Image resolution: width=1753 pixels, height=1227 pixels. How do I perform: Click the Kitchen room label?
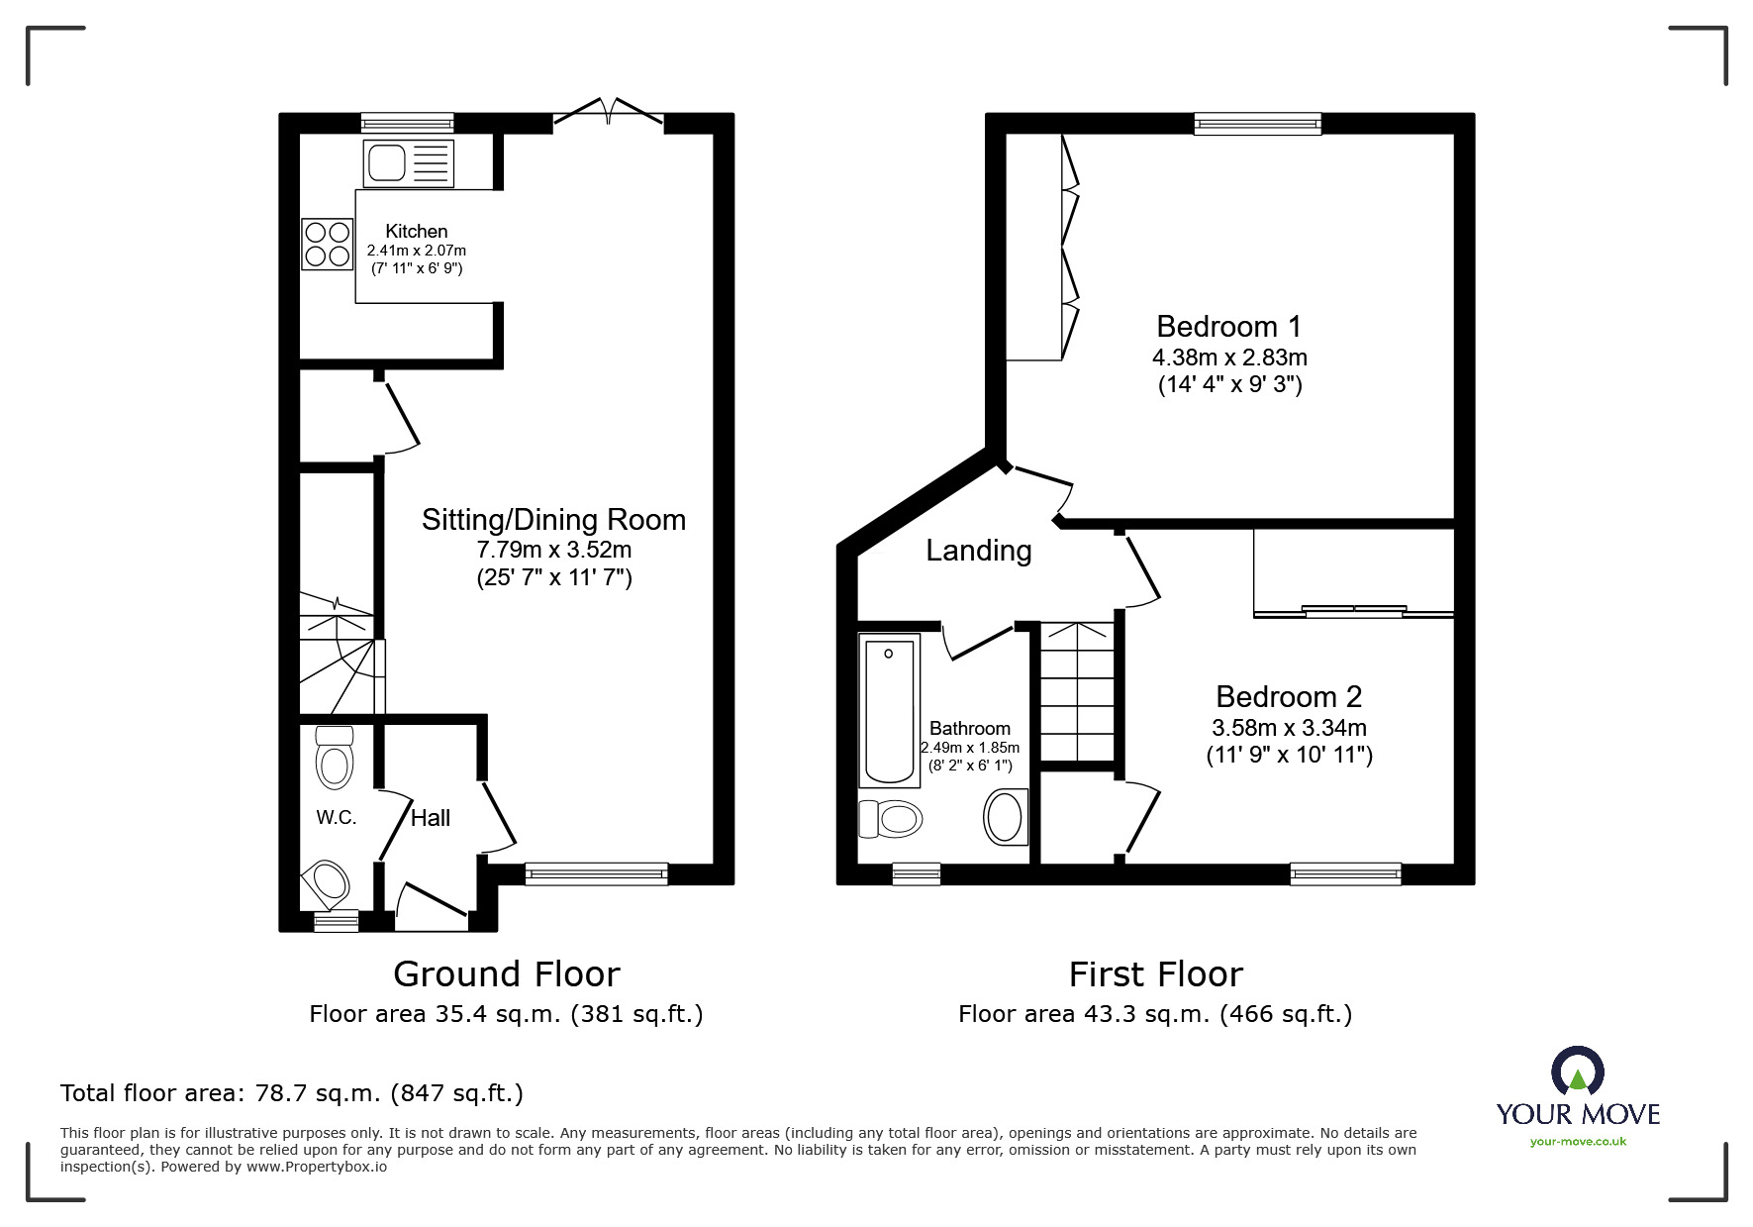[x=417, y=231]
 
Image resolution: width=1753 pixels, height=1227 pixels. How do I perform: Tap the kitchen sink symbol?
[x=408, y=163]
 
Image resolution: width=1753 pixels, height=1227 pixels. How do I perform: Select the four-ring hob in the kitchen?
[x=328, y=244]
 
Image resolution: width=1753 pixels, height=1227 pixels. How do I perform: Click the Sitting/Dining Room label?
[x=553, y=520]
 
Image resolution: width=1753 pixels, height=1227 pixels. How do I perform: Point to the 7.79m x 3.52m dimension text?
[x=553, y=549]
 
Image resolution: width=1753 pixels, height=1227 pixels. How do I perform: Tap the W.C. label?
[x=337, y=817]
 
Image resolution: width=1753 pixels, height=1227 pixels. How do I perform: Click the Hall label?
[x=430, y=818]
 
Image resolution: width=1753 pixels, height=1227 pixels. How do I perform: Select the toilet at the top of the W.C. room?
[x=335, y=759]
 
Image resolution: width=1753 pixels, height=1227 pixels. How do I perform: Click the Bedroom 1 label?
[x=1228, y=326]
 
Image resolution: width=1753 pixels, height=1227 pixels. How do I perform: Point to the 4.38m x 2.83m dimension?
[x=1229, y=357]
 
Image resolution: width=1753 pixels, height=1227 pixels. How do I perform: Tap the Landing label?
[x=978, y=551]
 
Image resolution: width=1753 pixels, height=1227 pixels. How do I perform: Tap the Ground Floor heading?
[x=506, y=974]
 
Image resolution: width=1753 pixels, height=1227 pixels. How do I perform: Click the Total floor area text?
[x=292, y=1093]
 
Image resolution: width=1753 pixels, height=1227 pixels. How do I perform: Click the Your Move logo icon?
[x=1578, y=1074]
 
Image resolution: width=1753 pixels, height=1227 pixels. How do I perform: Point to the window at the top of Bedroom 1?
[x=1257, y=124]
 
